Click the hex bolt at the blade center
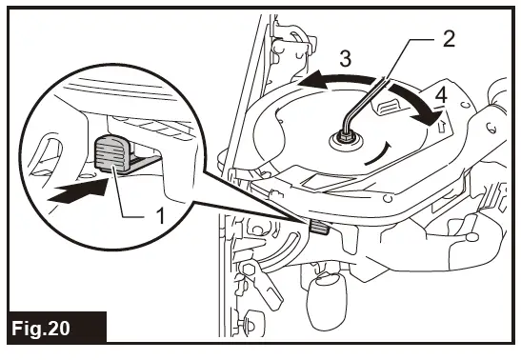[x=344, y=139]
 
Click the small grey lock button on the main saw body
[x=318, y=227]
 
